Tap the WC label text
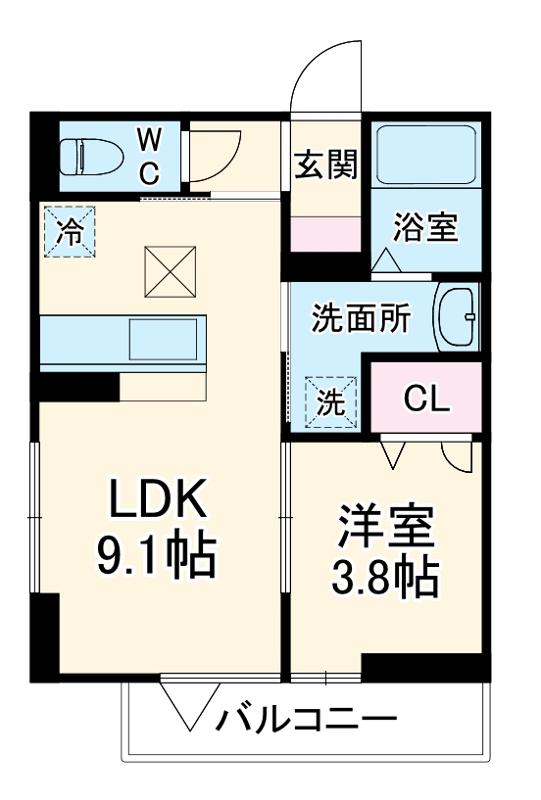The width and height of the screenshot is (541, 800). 148,155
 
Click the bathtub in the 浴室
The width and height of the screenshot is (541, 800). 426,153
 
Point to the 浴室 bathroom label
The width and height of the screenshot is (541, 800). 425,229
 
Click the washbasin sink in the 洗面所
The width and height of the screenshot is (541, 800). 456,316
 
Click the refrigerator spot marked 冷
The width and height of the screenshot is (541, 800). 69,231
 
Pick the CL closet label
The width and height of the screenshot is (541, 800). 425,398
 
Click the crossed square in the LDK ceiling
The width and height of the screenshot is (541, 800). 172,270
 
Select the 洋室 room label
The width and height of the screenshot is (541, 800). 386,529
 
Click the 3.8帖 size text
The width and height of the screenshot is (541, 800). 386,580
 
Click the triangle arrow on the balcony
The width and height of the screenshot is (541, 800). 189,706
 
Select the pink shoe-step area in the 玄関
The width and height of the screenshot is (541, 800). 326,234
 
